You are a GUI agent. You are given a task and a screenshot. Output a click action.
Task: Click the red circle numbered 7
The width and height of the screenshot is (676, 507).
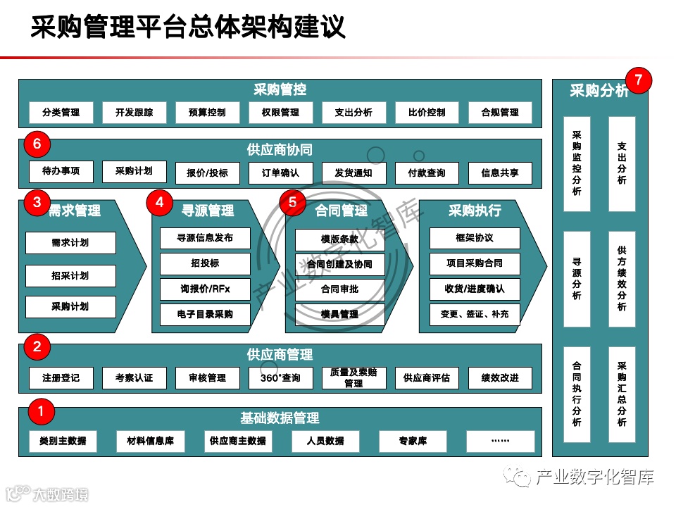(638, 80)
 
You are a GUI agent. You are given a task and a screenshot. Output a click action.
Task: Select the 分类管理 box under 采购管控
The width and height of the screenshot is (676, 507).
(61, 113)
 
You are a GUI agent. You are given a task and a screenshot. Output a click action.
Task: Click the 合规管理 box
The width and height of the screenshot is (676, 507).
(500, 113)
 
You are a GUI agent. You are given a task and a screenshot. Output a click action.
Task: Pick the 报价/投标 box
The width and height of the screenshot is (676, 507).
(207, 173)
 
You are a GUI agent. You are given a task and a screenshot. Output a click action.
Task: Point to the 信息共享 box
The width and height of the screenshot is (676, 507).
(500, 173)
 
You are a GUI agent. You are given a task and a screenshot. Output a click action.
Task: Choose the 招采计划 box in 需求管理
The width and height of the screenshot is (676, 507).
(70, 275)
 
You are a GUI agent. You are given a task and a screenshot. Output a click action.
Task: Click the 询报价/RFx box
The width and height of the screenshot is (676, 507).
(205, 289)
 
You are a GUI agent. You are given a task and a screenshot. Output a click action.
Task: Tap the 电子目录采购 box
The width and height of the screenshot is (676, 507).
(205, 314)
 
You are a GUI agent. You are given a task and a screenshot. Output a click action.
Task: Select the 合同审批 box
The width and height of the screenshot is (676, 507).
(339, 289)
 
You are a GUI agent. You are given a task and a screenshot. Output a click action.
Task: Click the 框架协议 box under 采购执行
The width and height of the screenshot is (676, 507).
(475, 238)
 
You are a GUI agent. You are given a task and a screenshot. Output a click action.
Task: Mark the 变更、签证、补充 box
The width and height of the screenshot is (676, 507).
(475, 314)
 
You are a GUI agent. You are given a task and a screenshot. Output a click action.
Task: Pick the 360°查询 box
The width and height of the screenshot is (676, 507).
(280, 378)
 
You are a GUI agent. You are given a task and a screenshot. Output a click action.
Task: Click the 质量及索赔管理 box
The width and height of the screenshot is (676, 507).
(353, 378)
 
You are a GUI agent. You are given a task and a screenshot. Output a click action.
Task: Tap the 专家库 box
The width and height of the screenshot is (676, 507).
(413, 442)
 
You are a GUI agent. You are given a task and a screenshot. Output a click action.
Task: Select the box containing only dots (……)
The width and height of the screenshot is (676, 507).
(500, 442)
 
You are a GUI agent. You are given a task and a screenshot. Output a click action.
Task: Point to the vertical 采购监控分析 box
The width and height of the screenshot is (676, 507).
(577, 163)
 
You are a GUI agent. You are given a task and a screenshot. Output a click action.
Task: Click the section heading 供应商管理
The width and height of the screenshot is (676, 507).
(280, 355)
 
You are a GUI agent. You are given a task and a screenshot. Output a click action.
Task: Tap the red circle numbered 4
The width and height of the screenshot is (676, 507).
(160, 203)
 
